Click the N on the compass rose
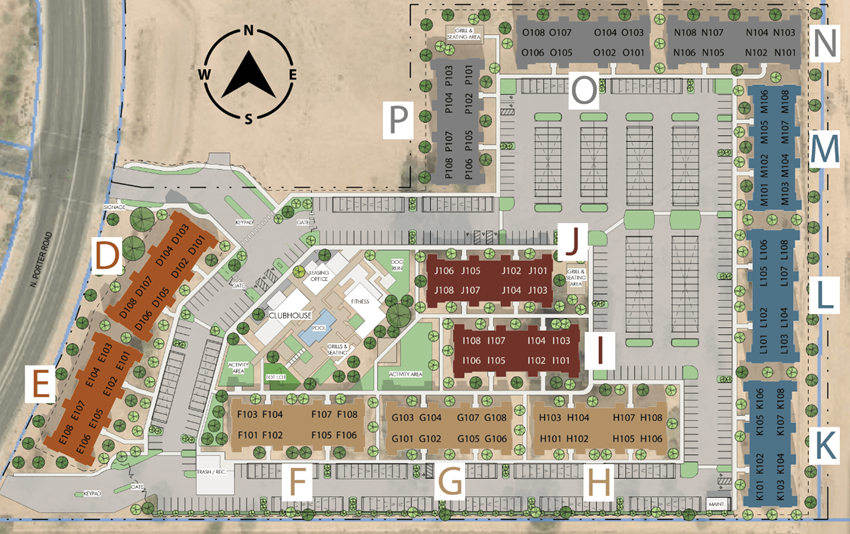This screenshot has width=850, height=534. [x=248, y=31]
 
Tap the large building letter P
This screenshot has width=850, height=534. [x=399, y=121]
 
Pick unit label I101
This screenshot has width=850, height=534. [x=561, y=360]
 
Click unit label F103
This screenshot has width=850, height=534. [x=247, y=415]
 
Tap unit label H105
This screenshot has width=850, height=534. [x=624, y=439]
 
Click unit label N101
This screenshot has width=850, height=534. [x=786, y=52]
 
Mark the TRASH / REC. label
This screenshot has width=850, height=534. [x=213, y=471]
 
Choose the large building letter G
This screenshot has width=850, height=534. [x=451, y=482]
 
